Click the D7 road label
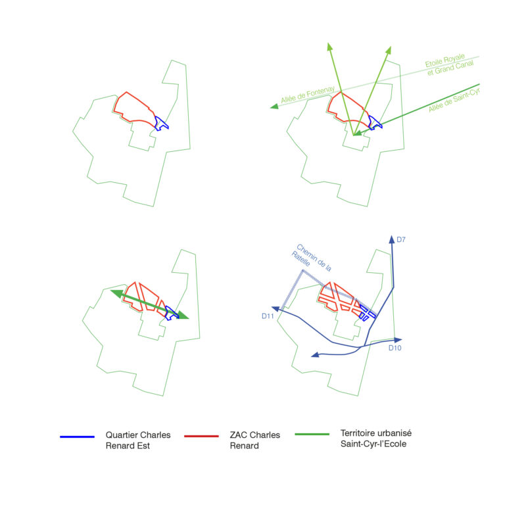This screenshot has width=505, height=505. (x=401, y=240)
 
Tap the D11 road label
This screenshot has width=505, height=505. (x=267, y=316)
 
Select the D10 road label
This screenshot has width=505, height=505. (x=395, y=348)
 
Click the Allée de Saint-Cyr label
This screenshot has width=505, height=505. (x=454, y=100)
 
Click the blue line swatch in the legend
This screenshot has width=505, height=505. (x=77, y=436)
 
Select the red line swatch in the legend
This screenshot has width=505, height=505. (x=201, y=436)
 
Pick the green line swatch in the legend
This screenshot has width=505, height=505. (x=312, y=435)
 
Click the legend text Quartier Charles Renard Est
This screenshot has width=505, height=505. (x=138, y=440)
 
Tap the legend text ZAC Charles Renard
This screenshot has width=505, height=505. (x=255, y=440)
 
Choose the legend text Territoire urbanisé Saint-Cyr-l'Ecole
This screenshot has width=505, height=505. (x=376, y=439)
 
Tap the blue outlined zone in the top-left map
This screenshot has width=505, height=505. (x=162, y=123)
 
